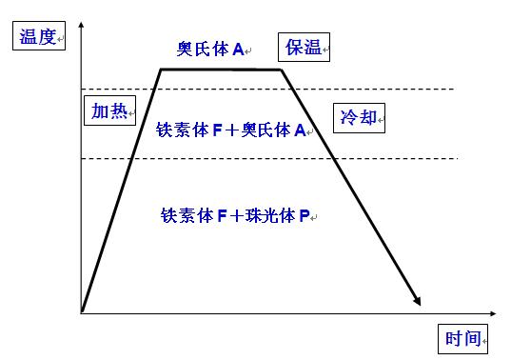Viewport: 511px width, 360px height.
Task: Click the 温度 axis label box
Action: pos(35,38)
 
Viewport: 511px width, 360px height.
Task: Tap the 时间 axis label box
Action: pos(464,337)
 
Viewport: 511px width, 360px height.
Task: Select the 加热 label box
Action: pos(108,111)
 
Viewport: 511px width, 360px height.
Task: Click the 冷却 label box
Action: pos(358,117)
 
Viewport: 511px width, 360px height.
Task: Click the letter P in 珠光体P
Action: pos(305,217)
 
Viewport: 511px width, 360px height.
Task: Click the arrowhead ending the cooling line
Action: pos(417,302)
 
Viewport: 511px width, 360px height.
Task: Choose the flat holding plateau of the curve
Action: pos(221,69)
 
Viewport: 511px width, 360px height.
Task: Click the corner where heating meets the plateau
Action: pos(159,69)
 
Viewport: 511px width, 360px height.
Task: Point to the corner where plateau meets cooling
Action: pos(283,70)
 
